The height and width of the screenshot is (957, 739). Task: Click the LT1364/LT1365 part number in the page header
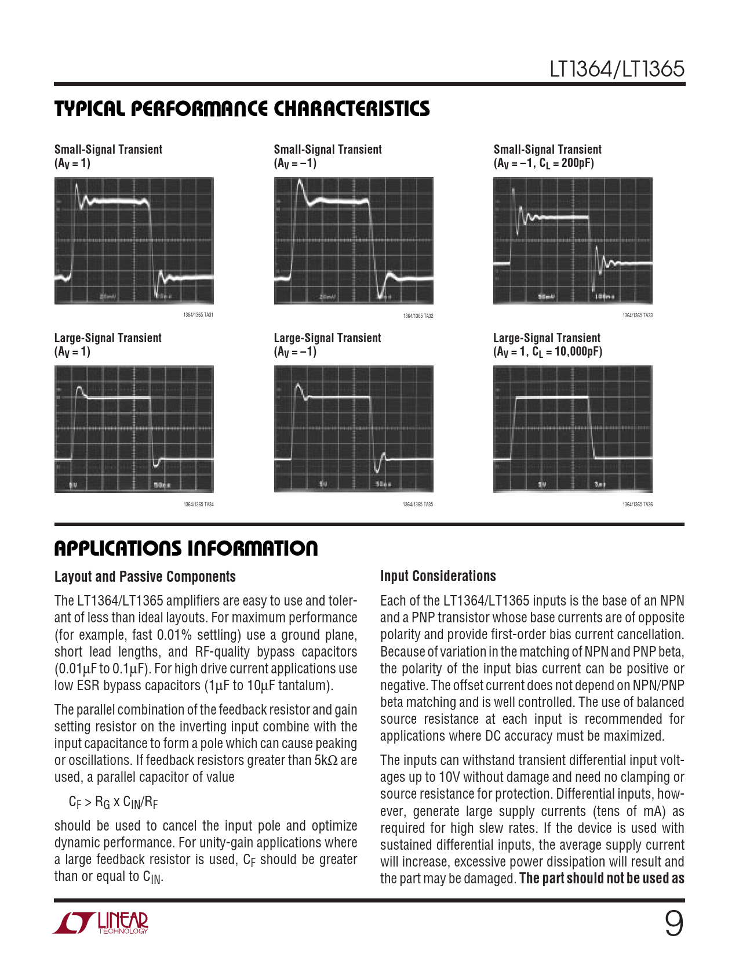(x=617, y=70)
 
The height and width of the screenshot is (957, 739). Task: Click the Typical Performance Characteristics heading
(x=242, y=109)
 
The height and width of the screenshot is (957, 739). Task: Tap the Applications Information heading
(x=186, y=549)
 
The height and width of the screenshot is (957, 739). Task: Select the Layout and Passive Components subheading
(x=145, y=577)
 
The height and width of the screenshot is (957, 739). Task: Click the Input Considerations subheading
(x=438, y=576)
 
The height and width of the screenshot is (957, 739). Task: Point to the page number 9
(x=674, y=924)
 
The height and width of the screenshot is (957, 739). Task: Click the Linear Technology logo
(x=102, y=923)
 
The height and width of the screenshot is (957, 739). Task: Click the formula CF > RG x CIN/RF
(x=114, y=802)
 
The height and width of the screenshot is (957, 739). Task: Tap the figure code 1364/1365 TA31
(x=198, y=316)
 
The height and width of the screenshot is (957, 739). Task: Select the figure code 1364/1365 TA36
(x=637, y=505)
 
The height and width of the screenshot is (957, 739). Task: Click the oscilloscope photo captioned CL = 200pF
(x=573, y=241)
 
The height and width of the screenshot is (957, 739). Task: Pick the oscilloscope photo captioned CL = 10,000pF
(x=573, y=429)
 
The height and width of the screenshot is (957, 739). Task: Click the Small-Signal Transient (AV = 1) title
(x=108, y=156)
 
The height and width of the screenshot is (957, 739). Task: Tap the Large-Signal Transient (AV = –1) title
(x=327, y=345)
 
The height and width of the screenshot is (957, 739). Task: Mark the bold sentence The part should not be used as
(x=602, y=879)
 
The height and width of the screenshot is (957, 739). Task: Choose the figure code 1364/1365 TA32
(x=418, y=316)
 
